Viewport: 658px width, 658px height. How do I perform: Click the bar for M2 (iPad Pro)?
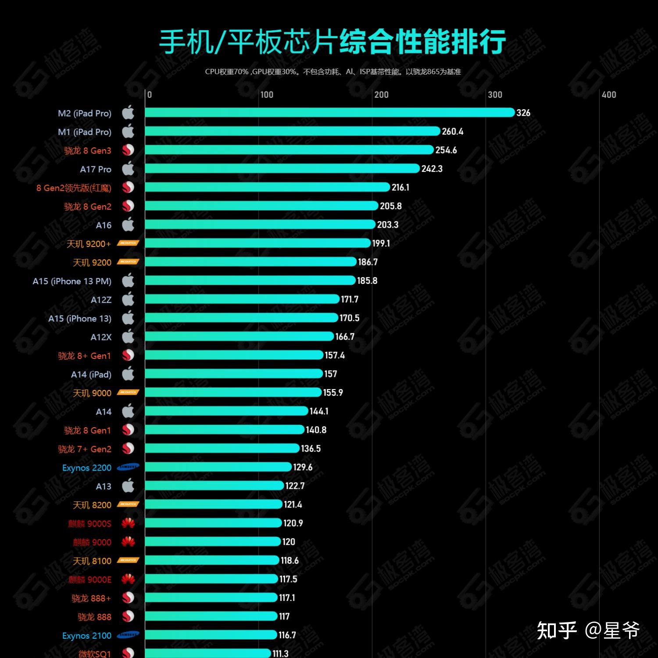(x=329, y=113)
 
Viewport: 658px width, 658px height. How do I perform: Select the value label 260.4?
(x=452, y=132)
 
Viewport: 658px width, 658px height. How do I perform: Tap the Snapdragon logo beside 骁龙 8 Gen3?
(x=128, y=150)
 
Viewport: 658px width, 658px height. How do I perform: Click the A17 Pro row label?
(x=96, y=169)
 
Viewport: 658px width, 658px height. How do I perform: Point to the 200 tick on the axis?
(x=381, y=95)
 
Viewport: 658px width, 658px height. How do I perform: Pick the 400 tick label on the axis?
(x=608, y=95)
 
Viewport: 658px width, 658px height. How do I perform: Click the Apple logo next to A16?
(x=128, y=225)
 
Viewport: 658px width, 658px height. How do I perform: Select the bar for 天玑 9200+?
(x=258, y=243)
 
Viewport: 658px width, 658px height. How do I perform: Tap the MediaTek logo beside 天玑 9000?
(x=128, y=393)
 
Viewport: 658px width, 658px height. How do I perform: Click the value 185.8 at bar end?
(x=367, y=281)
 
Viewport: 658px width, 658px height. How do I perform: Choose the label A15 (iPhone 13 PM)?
(x=72, y=281)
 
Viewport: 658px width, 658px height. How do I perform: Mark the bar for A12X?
(x=239, y=336)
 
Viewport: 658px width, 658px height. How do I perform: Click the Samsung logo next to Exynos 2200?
(x=128, y=467)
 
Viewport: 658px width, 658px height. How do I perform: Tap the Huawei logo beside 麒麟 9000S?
(x=128, y=523)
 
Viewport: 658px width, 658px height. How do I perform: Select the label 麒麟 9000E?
(x=90, y=580)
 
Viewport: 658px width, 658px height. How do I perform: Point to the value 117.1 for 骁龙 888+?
(x=287, y=598)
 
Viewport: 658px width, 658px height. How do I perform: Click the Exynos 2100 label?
(x=87, y=636)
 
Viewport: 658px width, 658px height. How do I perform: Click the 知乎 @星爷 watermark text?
(x=588, y=631)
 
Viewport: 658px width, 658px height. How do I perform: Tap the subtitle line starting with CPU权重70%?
(x=333, y=72)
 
